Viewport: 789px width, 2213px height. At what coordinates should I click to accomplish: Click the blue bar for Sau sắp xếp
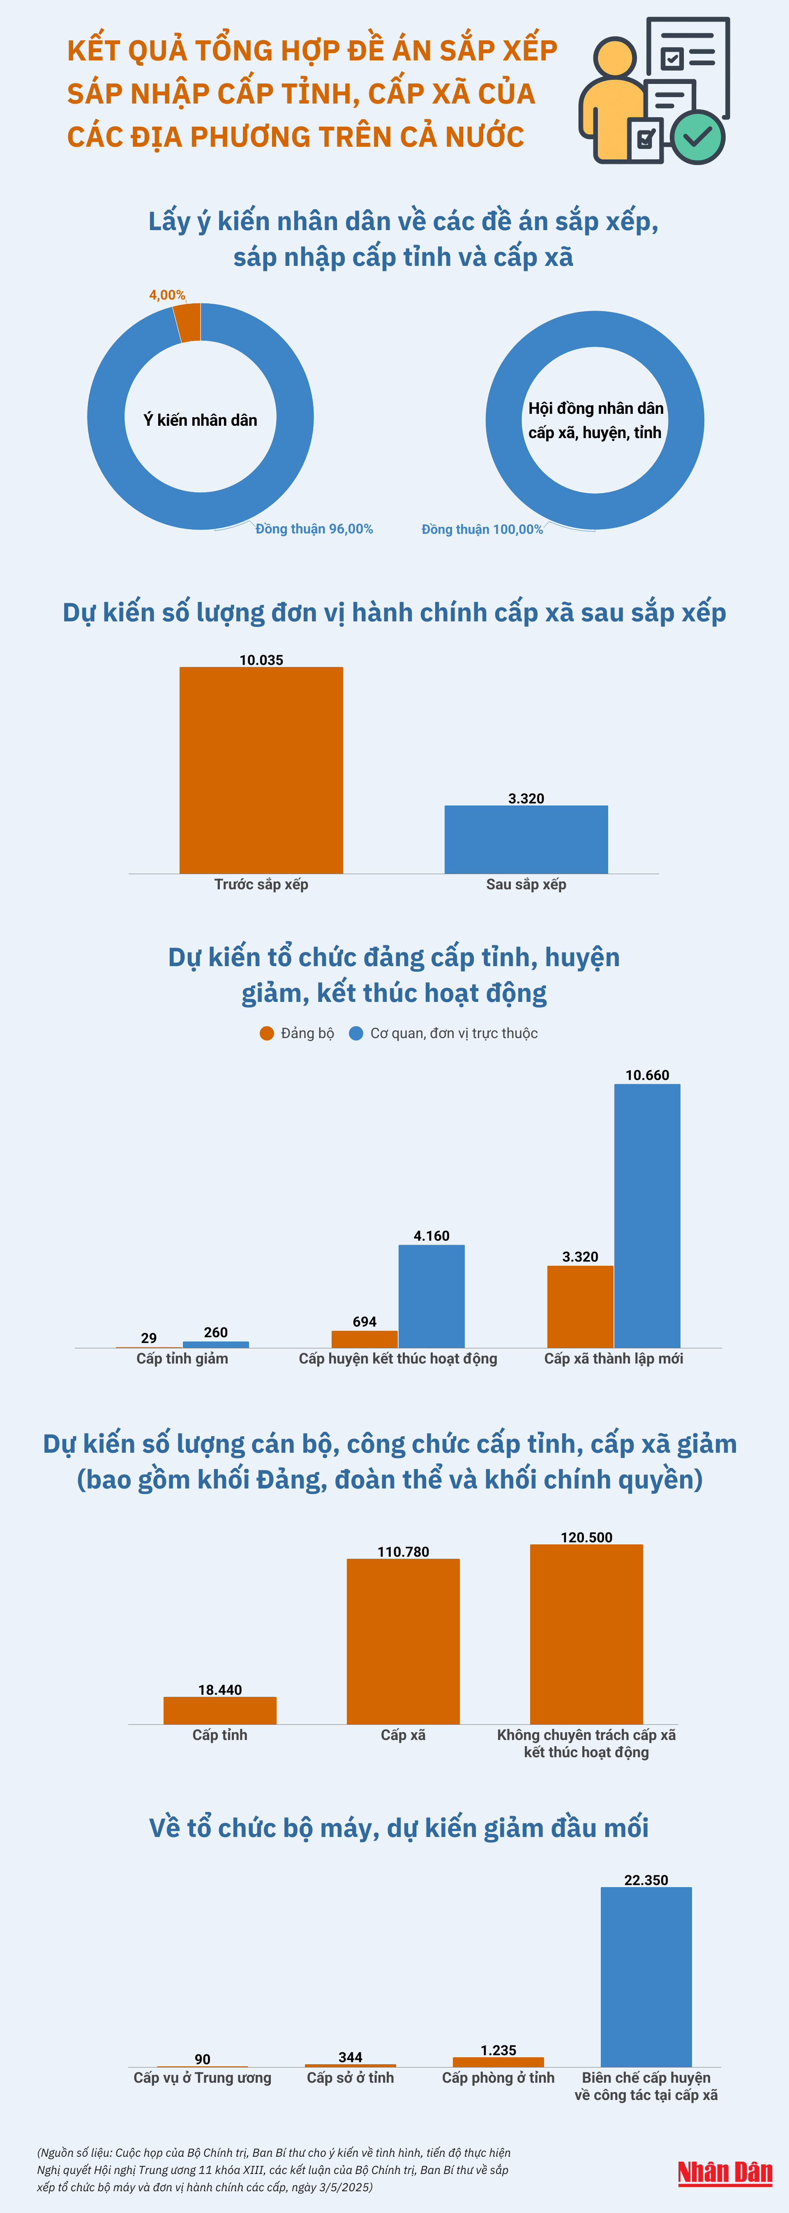coord(526,839)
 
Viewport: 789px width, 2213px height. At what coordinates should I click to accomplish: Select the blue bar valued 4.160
coord(431,1295)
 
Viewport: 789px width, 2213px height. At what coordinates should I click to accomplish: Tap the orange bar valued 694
coord(365,1338)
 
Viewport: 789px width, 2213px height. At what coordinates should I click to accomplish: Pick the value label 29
coord(149,1338)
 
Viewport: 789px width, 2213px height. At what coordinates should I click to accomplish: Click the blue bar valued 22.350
coord(646,1976)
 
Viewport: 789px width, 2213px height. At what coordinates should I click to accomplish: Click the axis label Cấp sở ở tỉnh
coord(351,2077)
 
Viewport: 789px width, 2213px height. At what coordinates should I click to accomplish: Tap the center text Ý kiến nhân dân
coord(200,419)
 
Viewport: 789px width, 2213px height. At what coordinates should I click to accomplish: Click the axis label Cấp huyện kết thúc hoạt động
coord(398,1358)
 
